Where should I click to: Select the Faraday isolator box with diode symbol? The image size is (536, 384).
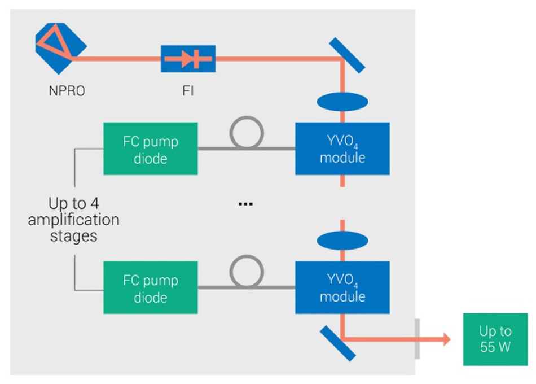(x=188, y=59)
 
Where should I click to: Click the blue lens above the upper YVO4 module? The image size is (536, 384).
(x=342, y=102)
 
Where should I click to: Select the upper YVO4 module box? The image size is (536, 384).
(x=342, y=149)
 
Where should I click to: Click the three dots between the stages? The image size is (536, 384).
(x=245, y=203)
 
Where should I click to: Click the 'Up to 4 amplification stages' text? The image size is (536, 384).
(x=74, y=220)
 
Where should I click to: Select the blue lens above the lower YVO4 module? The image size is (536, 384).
(x=342, y=240)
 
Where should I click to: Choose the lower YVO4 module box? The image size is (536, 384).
(x=342, y=287)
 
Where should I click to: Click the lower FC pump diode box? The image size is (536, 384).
(x=151, y=287)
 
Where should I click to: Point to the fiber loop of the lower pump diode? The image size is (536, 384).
(x=247, y=273)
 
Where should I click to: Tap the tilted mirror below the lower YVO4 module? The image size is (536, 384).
(x=337, y=343)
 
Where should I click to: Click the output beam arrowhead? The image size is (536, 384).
(x=446, y=339)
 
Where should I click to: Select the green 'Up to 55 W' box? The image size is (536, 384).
(x=495, y=339)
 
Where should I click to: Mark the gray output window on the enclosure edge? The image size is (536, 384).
(x=416, y=339)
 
